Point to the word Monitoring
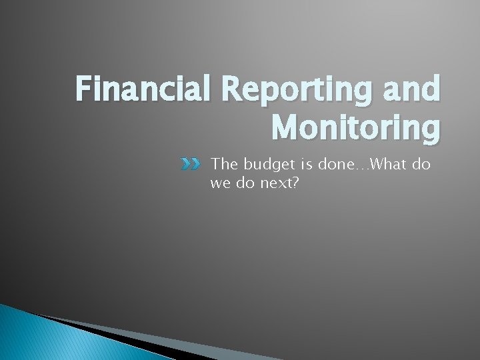tap(356, 127)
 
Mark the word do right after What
tap(421, 164)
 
